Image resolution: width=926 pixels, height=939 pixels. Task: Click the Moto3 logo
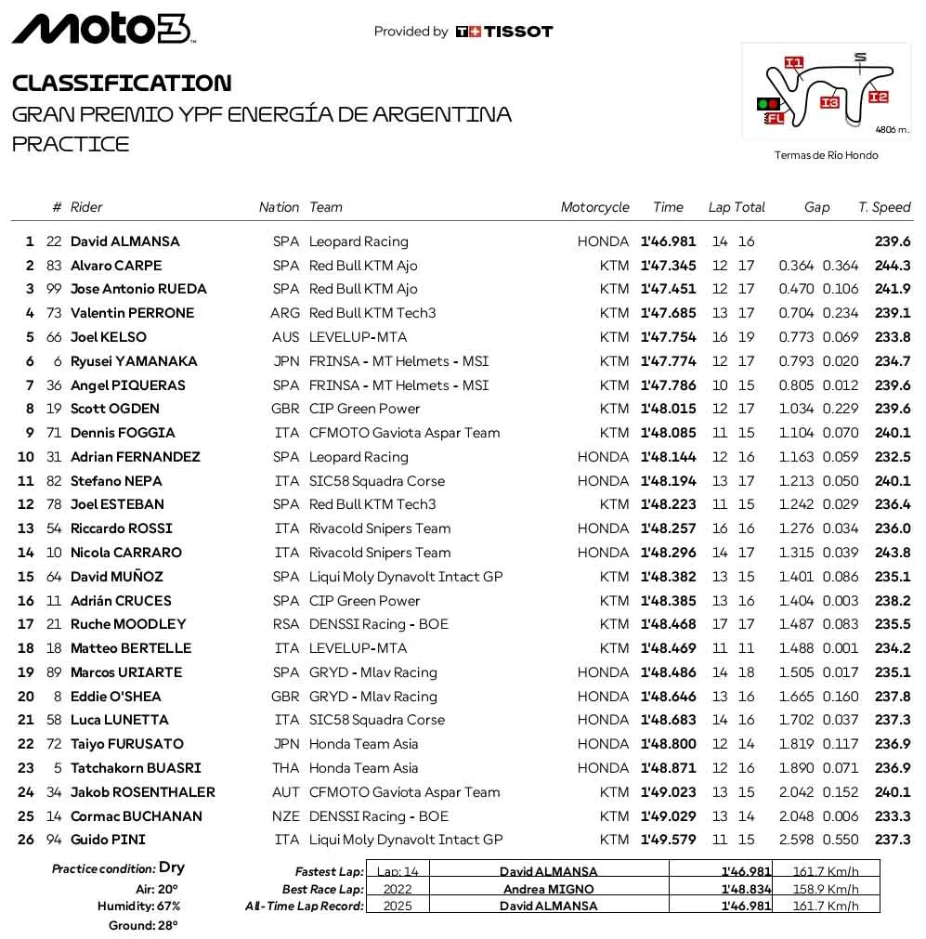[x=102, y=29]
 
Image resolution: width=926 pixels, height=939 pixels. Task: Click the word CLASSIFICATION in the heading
[x=122, y=84]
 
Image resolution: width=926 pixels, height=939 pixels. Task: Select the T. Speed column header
[x=884, y=207]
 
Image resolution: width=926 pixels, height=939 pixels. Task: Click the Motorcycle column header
[x=594, y=207]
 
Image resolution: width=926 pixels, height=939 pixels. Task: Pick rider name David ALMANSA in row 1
[x=124, y=241]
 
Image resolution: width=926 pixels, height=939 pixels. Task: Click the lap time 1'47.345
[x=668, y=266]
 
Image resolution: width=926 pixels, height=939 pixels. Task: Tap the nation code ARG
[x=285, y=313]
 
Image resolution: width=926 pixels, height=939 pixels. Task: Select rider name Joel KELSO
[x=108, y=337]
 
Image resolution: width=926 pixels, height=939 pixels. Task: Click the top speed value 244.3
[x=893, y=266]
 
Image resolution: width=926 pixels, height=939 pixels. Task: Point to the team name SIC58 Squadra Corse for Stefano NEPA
[x=376, y=481]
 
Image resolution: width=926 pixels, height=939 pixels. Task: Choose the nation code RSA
[x=286, y=624]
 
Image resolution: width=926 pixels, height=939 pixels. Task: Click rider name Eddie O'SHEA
[x=115, y=697]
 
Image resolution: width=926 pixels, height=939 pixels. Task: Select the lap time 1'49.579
[x=668, y=840]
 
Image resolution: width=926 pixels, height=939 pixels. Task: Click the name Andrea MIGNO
[x=548, y=889]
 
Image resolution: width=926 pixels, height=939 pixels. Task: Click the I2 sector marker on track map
[x=878, y=97]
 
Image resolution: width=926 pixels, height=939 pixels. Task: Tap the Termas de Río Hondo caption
[x=826, y=155]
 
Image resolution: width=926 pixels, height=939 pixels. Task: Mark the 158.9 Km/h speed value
[x=832, y=889]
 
